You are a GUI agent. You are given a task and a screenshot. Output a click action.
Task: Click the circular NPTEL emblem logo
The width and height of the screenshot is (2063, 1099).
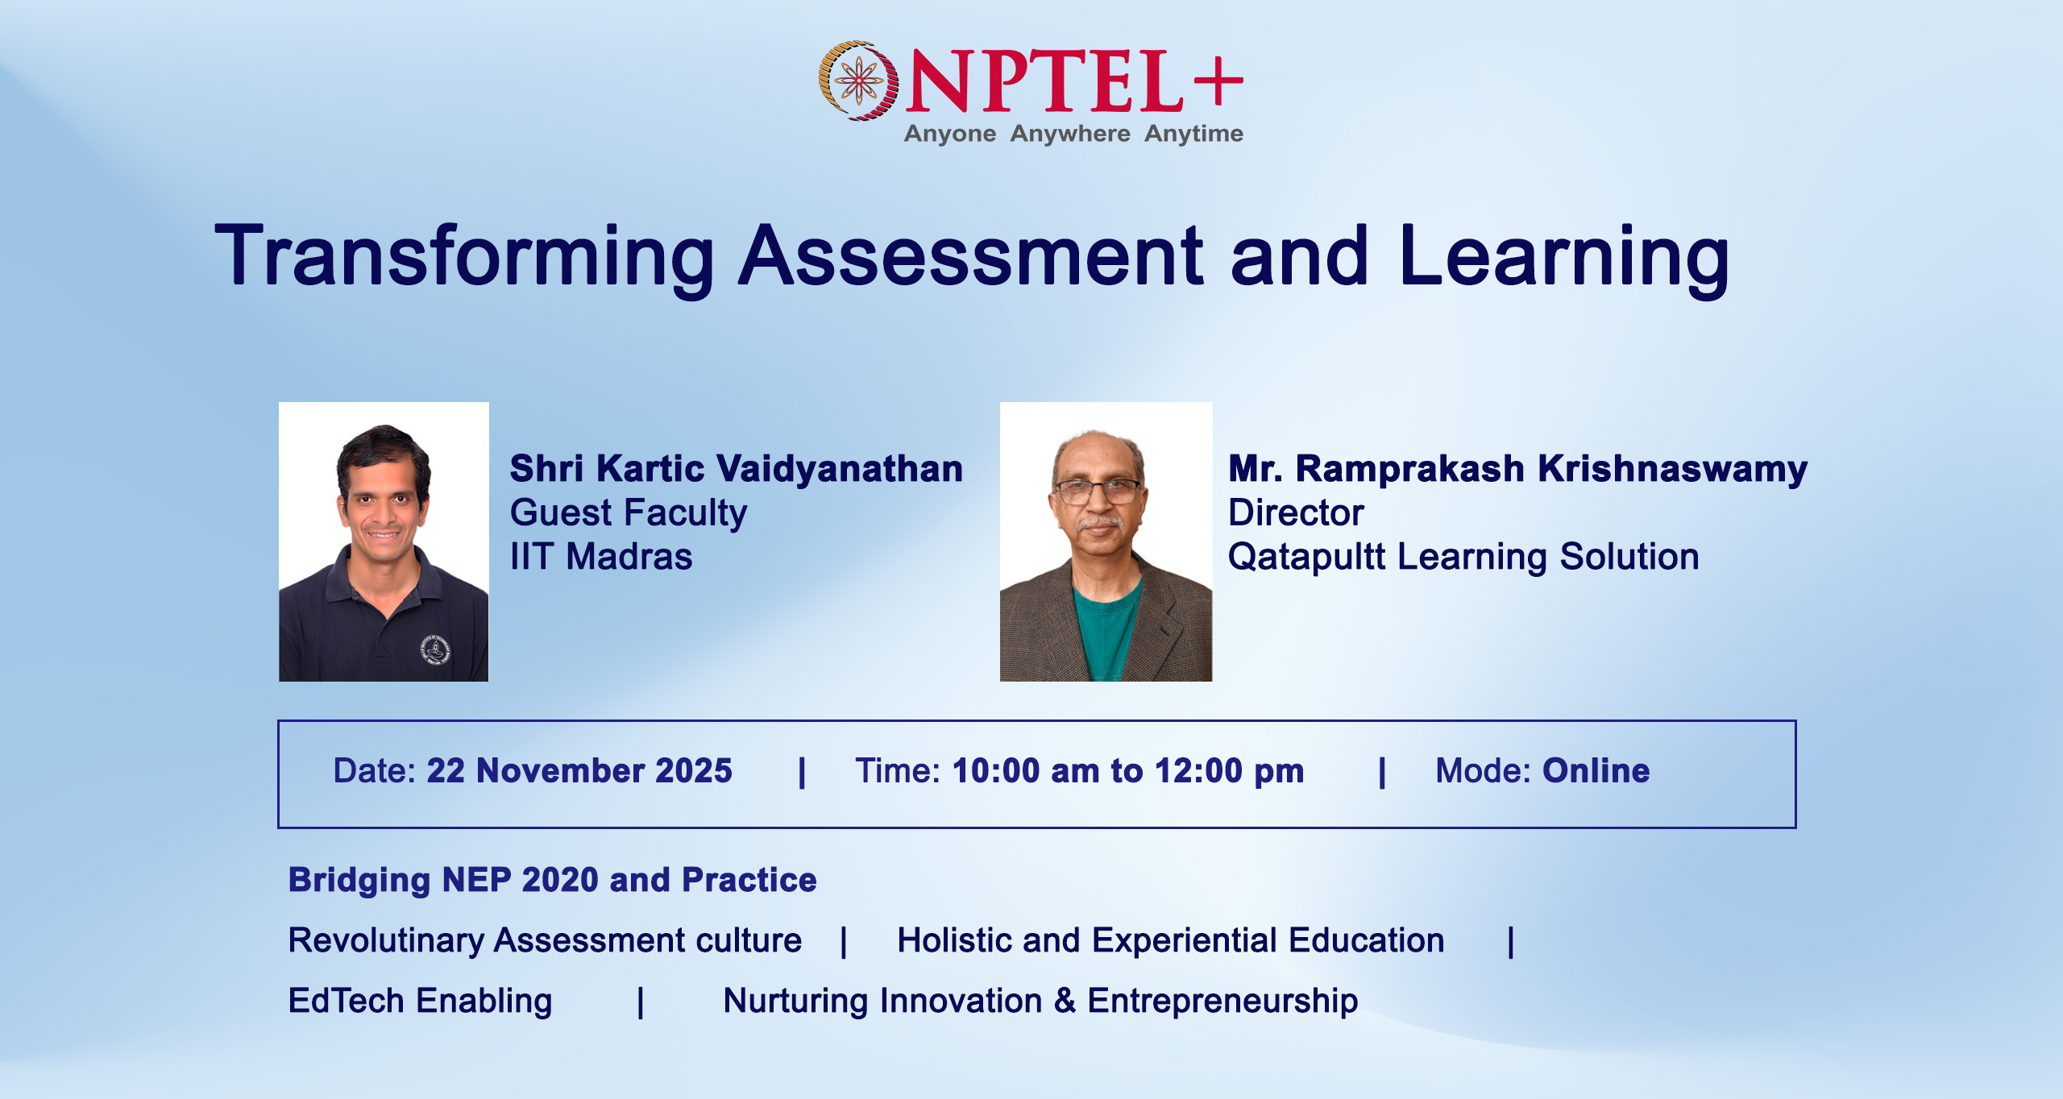(858, 81)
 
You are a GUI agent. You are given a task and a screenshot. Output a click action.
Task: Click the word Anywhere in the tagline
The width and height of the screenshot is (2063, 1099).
(1070, 134)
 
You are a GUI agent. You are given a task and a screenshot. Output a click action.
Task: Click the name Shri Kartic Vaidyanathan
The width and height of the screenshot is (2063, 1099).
(737, 469)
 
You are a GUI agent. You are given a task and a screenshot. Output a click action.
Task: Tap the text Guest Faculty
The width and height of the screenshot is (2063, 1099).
(629, 514)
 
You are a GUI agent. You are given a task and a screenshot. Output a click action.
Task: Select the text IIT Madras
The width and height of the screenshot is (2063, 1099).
(601, 557)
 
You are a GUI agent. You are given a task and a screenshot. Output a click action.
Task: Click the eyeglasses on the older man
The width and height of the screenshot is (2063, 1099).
(1098, 489)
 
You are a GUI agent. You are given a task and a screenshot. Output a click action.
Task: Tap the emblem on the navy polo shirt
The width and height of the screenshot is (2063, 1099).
(436, 649)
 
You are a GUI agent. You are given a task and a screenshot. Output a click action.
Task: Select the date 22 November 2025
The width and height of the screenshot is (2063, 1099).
(579, 771)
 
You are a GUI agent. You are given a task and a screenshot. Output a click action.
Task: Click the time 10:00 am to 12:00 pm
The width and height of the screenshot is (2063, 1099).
(1128, 772)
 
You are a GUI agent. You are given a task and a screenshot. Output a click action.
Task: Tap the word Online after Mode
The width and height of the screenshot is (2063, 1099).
(1596, 771)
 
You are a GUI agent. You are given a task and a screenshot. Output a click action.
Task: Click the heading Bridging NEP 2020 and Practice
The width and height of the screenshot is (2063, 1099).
(552, 881)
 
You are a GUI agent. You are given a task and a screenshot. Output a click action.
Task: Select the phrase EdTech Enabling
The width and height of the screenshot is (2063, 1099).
(421, 1002)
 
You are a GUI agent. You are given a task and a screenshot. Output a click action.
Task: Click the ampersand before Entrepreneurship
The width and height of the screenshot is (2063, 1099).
(1065, 1001)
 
